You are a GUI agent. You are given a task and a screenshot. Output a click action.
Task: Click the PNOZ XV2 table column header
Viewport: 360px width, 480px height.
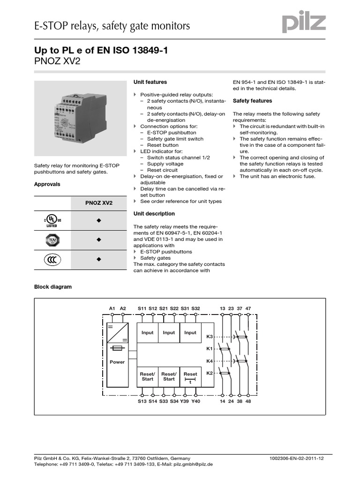point(98,203)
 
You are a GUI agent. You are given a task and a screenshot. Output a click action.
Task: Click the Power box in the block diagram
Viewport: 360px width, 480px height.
point(117,362)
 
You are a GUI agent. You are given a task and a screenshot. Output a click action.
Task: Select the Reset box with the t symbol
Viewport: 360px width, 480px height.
point(190,376)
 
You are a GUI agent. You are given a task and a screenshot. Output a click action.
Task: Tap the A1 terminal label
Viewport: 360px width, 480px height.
point(112,308)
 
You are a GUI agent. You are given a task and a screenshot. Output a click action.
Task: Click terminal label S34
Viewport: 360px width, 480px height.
point(174,401)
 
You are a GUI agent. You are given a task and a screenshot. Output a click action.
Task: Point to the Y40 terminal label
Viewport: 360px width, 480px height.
point(195,401)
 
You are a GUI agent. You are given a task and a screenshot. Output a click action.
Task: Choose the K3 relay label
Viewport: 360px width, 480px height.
point(210,337)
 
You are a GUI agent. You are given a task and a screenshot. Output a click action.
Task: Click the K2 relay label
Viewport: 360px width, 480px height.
point(210,373)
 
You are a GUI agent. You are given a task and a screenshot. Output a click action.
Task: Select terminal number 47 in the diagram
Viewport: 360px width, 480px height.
point(248,308)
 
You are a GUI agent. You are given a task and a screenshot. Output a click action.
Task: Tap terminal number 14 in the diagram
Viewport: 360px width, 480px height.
point(222,401)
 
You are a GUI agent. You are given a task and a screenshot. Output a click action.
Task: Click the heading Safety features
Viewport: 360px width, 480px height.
point(252,101)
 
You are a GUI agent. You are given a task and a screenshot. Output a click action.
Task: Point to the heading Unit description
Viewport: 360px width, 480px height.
point(154,214)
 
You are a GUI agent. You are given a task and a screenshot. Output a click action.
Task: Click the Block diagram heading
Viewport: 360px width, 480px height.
point(53,287)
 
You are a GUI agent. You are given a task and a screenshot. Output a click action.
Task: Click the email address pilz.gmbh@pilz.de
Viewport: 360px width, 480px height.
point(194,464)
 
